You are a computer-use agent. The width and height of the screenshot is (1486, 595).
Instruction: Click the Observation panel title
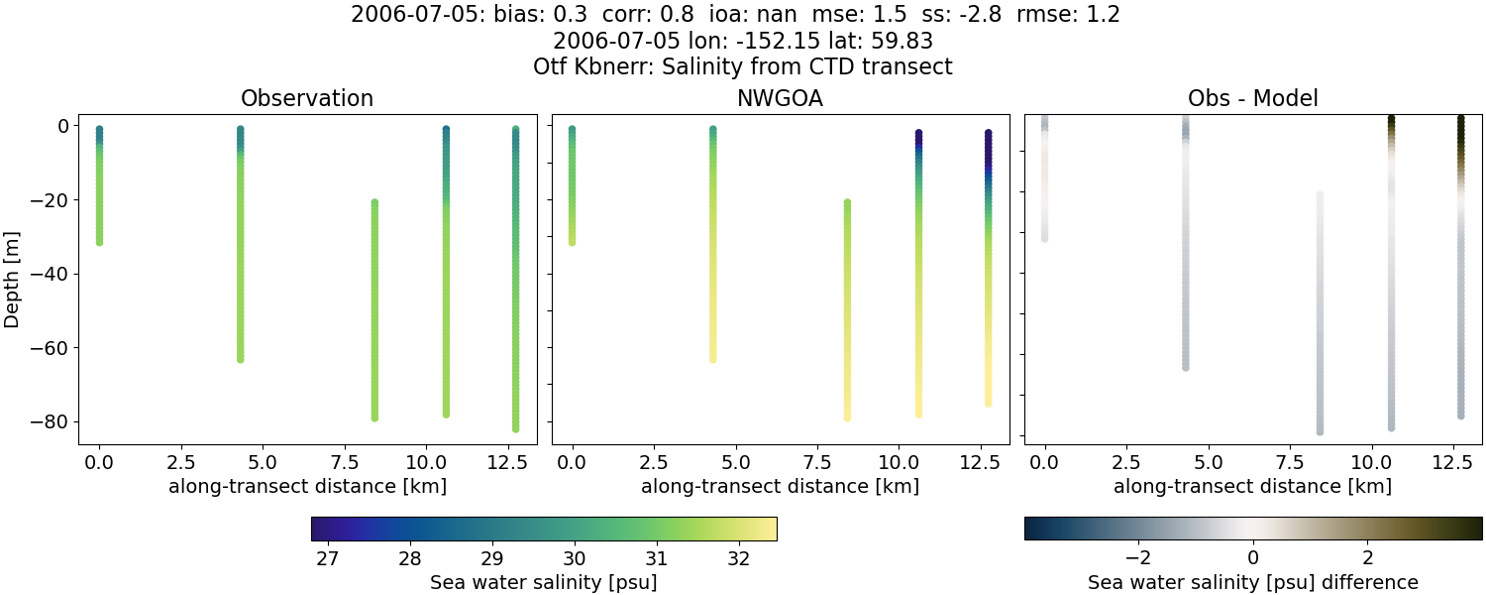pos(307,99)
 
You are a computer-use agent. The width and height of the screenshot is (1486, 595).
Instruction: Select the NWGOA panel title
pos(780,99)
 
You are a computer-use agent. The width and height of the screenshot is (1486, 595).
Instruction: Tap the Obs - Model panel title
pos(1252,99)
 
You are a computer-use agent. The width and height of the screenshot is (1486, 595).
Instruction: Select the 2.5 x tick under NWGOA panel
pos(653,461)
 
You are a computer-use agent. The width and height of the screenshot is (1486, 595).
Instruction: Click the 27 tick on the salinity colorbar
pos(328,558)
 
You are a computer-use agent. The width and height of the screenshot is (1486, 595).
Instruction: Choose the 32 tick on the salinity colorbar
pos(738,558)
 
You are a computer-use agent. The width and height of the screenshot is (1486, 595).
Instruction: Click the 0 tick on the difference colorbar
pos(1253,558)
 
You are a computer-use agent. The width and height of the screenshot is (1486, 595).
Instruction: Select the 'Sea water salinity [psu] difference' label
pos(1252,582)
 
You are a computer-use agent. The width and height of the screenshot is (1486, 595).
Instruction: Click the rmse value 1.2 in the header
pos(1102,16)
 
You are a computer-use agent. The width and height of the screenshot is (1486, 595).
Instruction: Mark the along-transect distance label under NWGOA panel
pos(780,487)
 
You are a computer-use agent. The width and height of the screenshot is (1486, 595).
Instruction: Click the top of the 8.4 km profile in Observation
pos(374,202)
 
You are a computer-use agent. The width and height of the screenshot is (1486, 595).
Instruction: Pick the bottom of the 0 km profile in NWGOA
pos(572,241)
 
